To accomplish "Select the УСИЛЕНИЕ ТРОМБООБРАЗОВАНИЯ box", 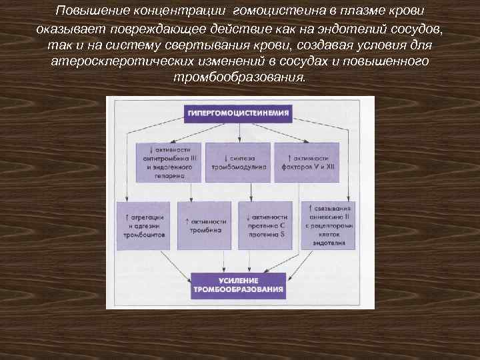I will click(x=239, y=285).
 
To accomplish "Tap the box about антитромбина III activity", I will click(x=167, y=163).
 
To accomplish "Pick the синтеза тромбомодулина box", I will click(x=238, y=163).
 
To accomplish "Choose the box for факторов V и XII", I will click(x=307, y=163).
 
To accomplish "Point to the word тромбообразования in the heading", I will click(x=239, y=77).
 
